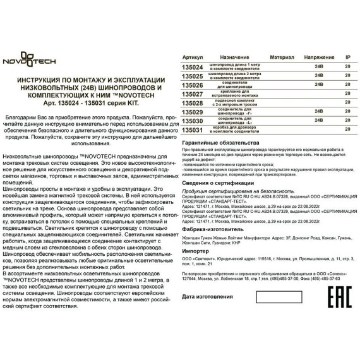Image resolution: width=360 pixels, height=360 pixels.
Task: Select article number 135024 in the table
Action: (192, 66)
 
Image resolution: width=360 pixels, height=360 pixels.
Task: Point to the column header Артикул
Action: (193, 57)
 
